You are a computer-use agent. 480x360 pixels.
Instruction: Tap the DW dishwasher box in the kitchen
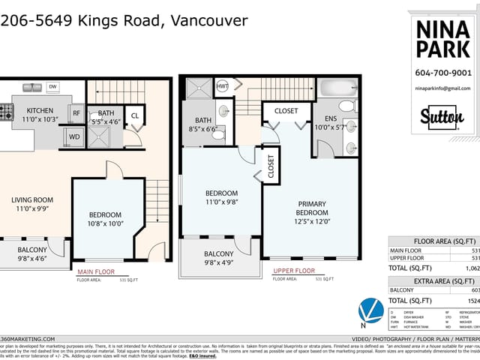tap(52, 88)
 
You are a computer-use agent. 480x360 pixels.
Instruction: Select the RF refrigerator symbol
tap(76, 114)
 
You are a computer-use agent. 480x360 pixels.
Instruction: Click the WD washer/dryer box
tap(74, 137)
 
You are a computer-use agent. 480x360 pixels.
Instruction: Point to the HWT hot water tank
tap(223, 86)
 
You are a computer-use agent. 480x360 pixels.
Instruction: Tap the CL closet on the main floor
tap(135, 115)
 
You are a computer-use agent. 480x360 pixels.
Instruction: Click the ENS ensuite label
tap(331, 118)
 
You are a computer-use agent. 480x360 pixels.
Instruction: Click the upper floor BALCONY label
tap(218, 254)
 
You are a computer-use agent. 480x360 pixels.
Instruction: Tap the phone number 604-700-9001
tap(442, 73)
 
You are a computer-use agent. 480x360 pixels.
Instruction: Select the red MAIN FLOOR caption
tap(95, 271)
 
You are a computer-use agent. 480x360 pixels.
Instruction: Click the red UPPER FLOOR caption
tap(293, 271)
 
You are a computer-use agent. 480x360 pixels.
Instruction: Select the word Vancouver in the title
tap(207, 20)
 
